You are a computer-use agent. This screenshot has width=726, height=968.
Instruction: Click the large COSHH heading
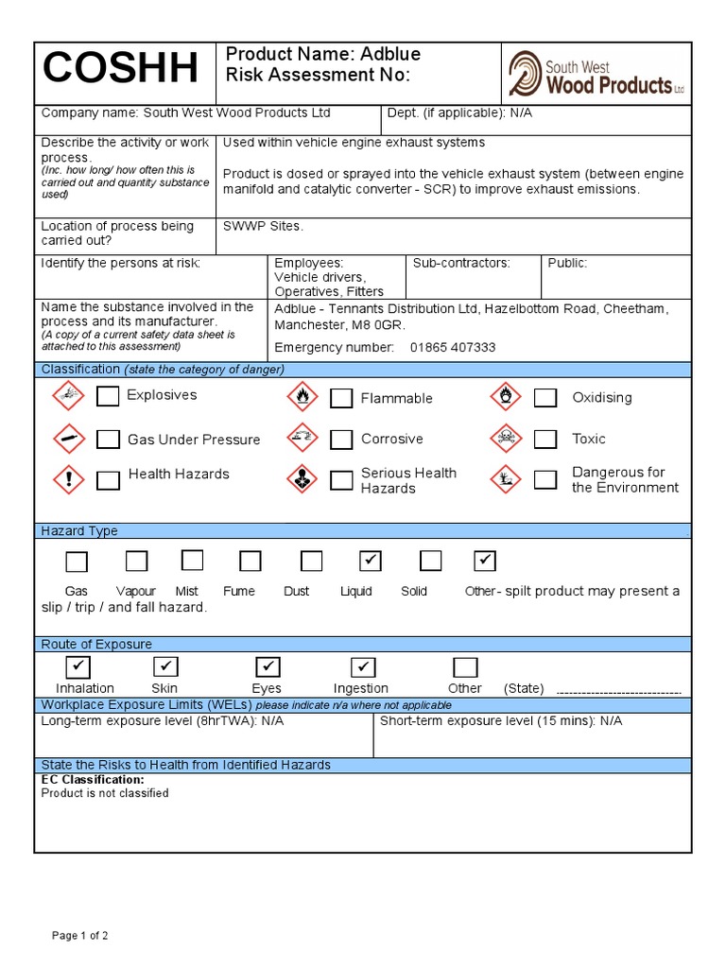pos(121,70)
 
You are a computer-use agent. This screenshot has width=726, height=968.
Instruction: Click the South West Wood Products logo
pos(596,75)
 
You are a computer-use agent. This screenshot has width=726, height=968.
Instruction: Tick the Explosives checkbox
pos(109,396)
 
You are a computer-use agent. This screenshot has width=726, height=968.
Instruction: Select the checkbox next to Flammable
pos(341,398)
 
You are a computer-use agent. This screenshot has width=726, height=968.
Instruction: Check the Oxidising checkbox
pos(545,398)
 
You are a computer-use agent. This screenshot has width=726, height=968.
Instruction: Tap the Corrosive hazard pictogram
pos(302,438)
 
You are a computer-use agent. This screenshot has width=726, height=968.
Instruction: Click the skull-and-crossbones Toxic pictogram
pos(506,438)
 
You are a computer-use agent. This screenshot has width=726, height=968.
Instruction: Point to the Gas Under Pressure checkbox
pos(109,440)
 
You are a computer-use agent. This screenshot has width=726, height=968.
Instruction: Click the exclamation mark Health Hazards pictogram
pos(68,478)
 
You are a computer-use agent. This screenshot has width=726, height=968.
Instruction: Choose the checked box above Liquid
pos(371,562)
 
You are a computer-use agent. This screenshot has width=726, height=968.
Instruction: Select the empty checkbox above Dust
pos(311,562)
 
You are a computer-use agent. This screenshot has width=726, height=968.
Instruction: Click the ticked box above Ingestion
pos(364,667)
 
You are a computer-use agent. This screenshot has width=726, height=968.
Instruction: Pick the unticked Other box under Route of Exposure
pos(465,667)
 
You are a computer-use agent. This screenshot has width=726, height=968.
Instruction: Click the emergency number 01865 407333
pos(453,347)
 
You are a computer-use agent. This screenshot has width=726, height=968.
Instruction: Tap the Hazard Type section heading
pos(79,531)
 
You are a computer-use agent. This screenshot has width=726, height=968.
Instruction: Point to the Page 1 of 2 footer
pos(80,936)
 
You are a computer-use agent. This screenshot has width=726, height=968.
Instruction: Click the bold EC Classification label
pos(93,780)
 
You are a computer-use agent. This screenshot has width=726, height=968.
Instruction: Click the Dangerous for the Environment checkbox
pos(545,479)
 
